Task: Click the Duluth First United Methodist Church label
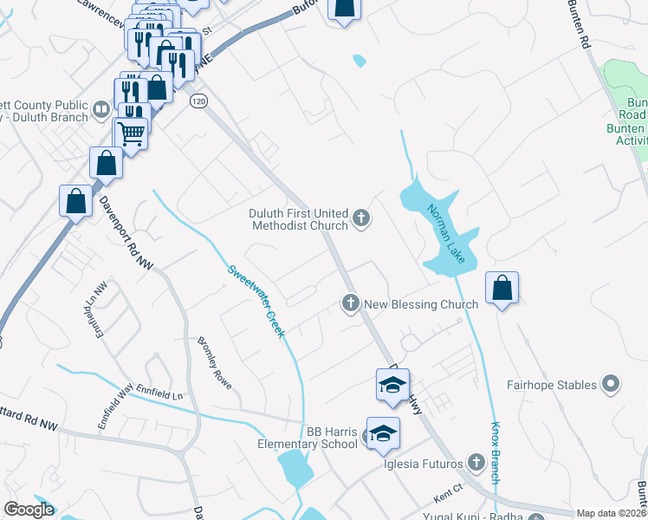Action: [x=299, y=219]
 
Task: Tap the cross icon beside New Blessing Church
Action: [x=351, y=303]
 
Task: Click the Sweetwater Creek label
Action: [x=256, y=301]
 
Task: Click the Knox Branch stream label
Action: [x=496, y=453]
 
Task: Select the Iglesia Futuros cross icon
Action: [x=475, y=462]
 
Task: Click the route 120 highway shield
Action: [x=198, y=101]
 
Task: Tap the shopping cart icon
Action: [x=131, y=133]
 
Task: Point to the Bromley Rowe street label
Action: [x=216, y=361]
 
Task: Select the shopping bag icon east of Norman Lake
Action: [x=502, y=288]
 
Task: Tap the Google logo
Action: [x=29, y=510]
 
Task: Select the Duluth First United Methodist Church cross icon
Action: [x=361, y=219]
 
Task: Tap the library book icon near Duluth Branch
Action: [x=102, y=109]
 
